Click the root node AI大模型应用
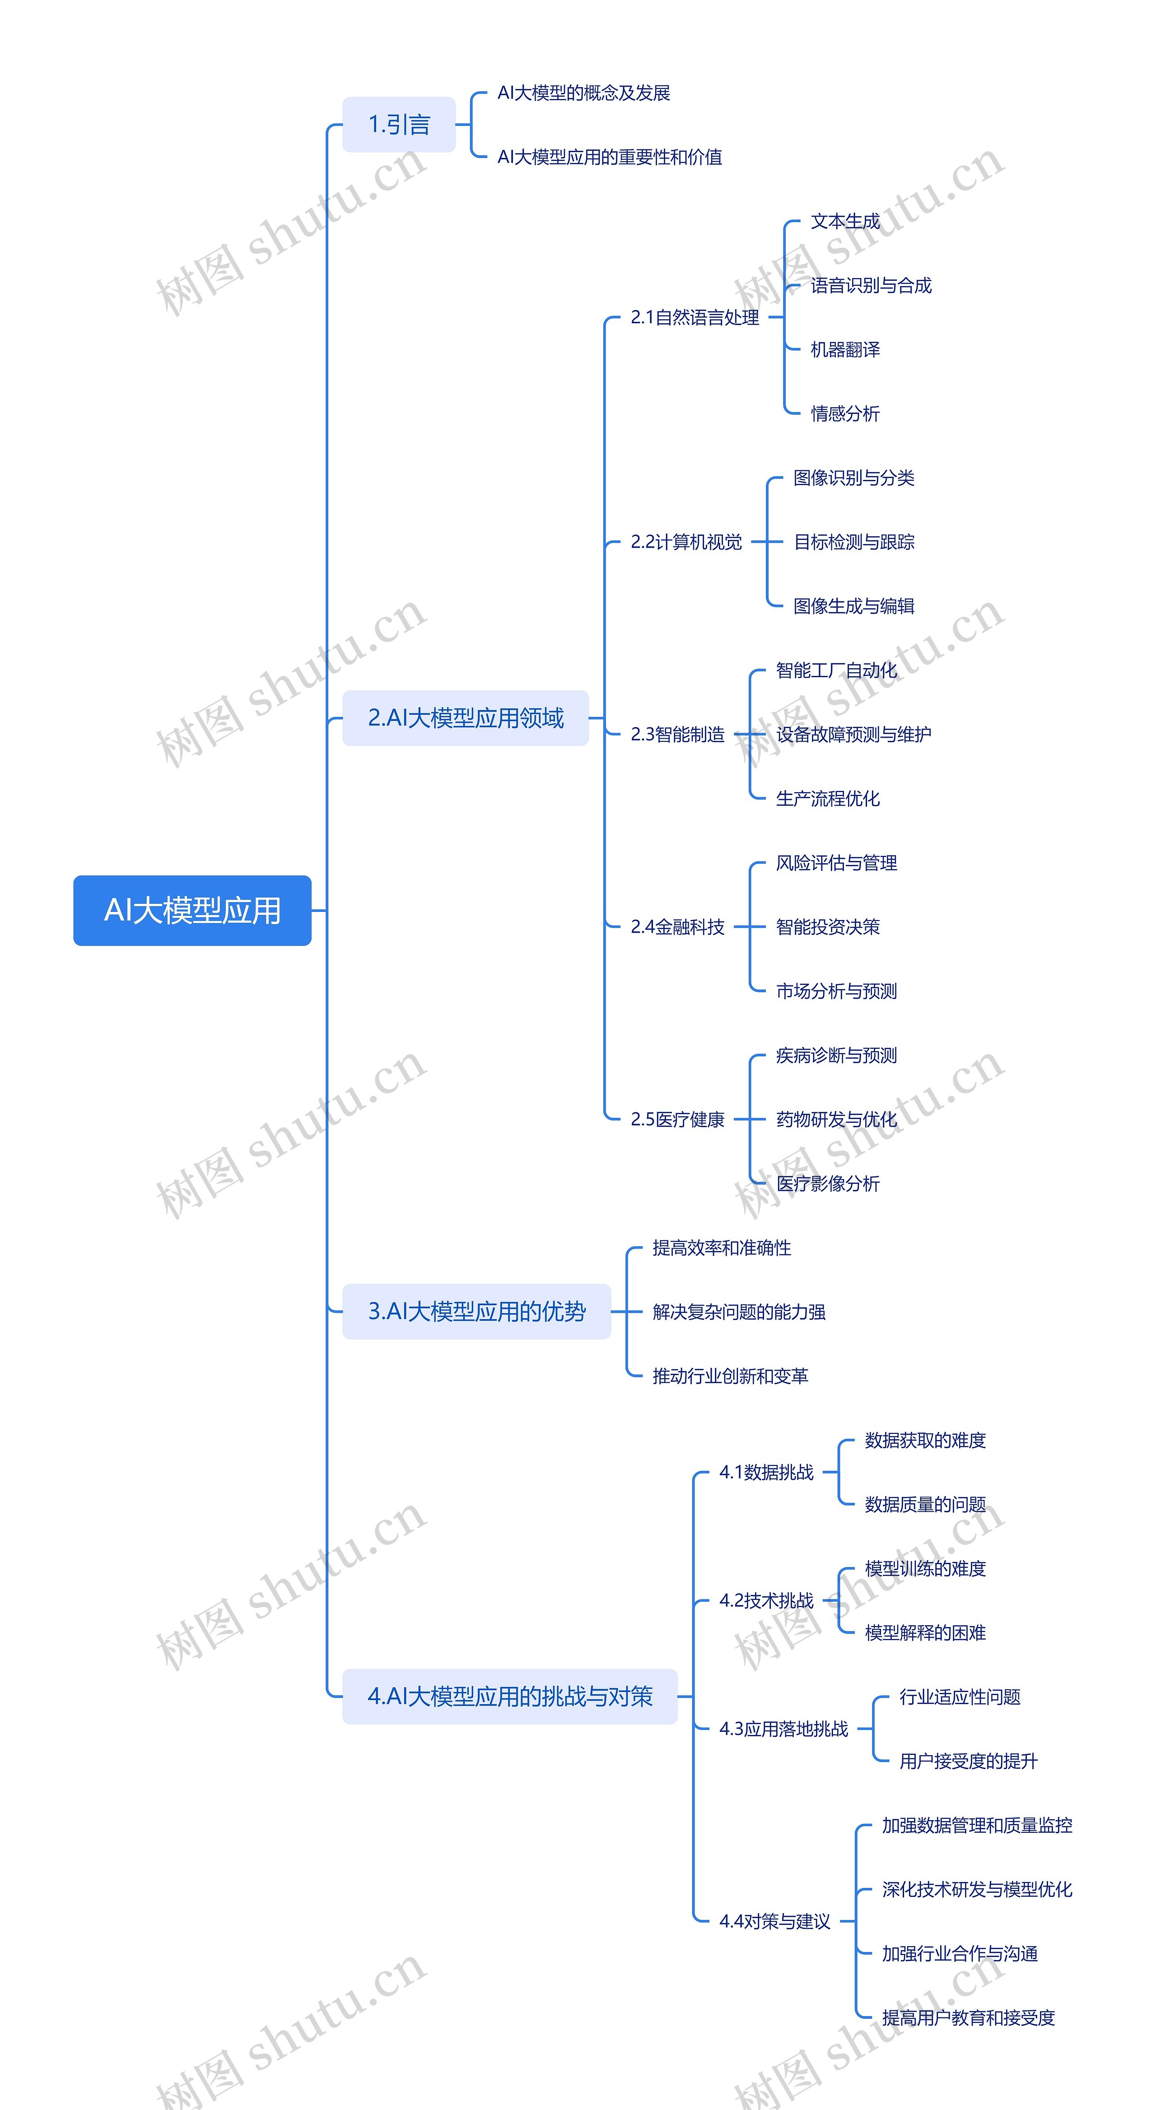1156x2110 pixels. pyautogui.click(x=192, y=910)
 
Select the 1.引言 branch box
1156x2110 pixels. pyautogui.click(x=399, y=125)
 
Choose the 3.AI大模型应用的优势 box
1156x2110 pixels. pyautogui.click(x=477, y=1311)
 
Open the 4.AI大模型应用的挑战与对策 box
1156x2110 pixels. pyautogui.click(x=510, y=1696)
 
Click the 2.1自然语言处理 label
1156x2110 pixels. pyautogui.click(x=695, y=317)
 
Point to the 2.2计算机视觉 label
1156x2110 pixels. pyautogui.click(x=686, y=541)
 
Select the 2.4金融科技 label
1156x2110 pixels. pyautogui.click(x=677, y=926)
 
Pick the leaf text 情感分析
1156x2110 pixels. pyautogui.click(x=845, y=414)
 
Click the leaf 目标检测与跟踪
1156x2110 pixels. pyautogui.click(x=854, y=541)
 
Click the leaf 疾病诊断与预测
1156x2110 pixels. pyautogui.click(x=836, y=1055)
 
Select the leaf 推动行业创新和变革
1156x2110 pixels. pyautogui.click(x=730, y=1376)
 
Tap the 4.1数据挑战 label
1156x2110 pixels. pyautogui.click(x=766, y=1472)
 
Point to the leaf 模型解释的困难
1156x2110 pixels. pyautogui.click(x=925, y=1632)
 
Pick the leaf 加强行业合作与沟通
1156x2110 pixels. pyautogui.click(x=960, y=1953)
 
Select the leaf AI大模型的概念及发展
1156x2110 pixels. pyautogui.click(x=583, y=93)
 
